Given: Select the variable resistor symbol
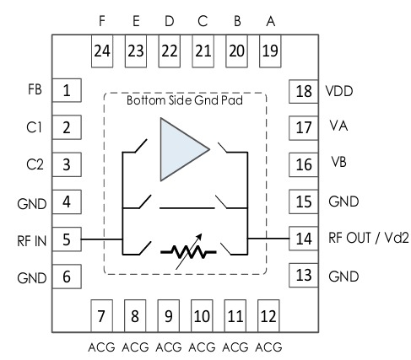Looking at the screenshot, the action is [188, 252].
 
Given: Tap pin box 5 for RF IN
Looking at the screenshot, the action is [67, 239].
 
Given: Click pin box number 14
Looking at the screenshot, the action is [304, 239].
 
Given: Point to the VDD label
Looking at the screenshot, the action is [339, 91].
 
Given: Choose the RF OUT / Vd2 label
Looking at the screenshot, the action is [368, 238].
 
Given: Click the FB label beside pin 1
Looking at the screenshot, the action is [35, 89].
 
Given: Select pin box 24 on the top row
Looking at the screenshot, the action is [102, 51].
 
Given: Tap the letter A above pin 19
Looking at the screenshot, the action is [270, 21].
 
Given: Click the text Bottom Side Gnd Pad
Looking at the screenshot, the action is [185, 100].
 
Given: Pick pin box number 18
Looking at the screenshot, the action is [304, 92].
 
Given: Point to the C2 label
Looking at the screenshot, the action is [35, 164].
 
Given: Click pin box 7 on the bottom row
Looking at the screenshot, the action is [101, 316].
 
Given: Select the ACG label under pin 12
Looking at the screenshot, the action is [268, 347].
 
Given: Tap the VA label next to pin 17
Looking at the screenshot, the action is [338, 126].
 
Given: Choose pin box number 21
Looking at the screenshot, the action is [203, 51].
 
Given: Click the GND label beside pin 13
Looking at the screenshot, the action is [343, 277].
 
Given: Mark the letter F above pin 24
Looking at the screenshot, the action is [102, 21].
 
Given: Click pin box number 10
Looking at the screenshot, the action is [202, 316].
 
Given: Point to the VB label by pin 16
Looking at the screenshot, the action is [338, 162].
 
